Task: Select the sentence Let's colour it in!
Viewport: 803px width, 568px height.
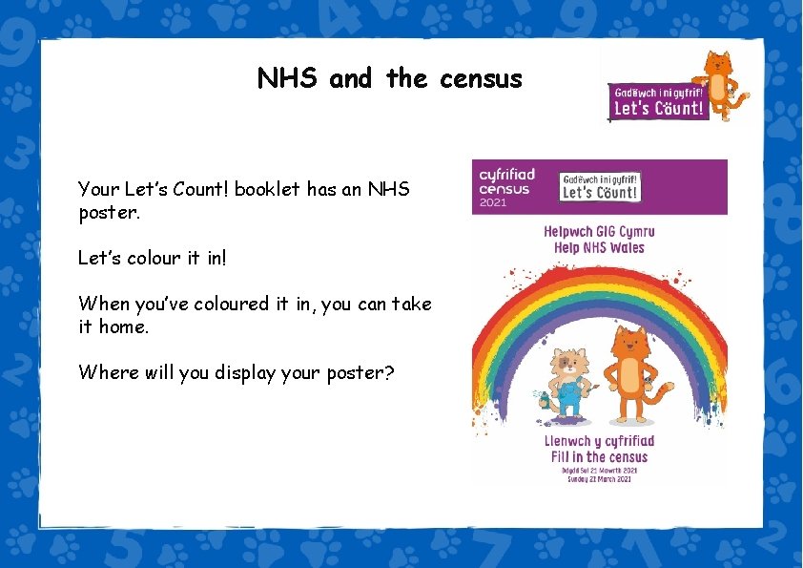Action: coord(154,258)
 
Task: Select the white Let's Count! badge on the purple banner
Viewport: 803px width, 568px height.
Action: coord(600,186)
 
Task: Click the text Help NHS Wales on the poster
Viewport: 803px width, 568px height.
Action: coord(599,248)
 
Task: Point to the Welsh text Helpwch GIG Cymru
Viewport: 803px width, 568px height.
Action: coord(599,232)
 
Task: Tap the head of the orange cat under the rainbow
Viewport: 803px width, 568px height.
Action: coord(630,342)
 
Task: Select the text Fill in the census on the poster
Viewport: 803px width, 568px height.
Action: coord(599,457)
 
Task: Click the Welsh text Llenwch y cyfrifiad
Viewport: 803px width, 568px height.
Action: coord(599,441)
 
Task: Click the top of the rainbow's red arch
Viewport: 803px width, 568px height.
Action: coord(599,272)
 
